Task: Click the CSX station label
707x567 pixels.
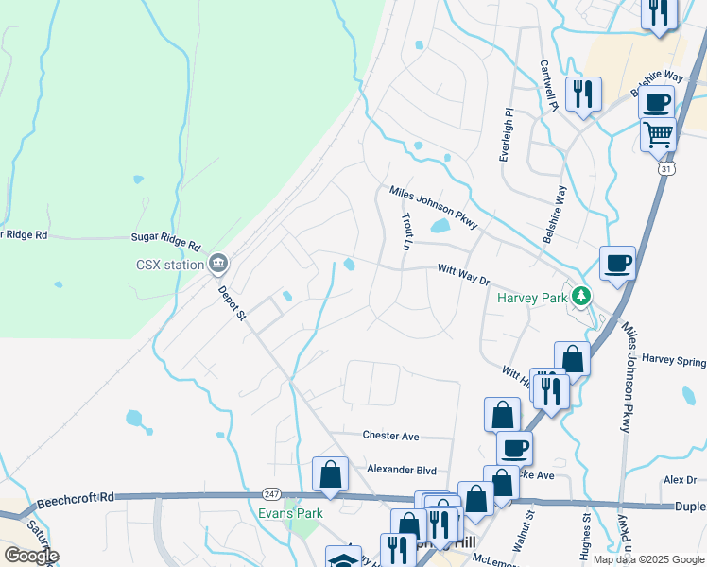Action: click(168, 265)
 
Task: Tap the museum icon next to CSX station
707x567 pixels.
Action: click(218, 263)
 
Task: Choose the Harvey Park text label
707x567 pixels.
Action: click(532, 298)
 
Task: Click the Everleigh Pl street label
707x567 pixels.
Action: click(507, 134)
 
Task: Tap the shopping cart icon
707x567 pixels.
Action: click(658, 133)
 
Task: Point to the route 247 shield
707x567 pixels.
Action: click(270, 494)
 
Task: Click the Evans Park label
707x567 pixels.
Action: click(291, 513)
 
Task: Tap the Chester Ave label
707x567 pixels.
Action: click(390, 436)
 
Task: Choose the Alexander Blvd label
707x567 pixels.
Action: click(402, 469)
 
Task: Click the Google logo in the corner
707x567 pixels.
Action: click(31, 556)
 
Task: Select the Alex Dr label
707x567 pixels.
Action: click(680, 480)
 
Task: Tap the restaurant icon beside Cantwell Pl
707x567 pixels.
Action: click(583, 94)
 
